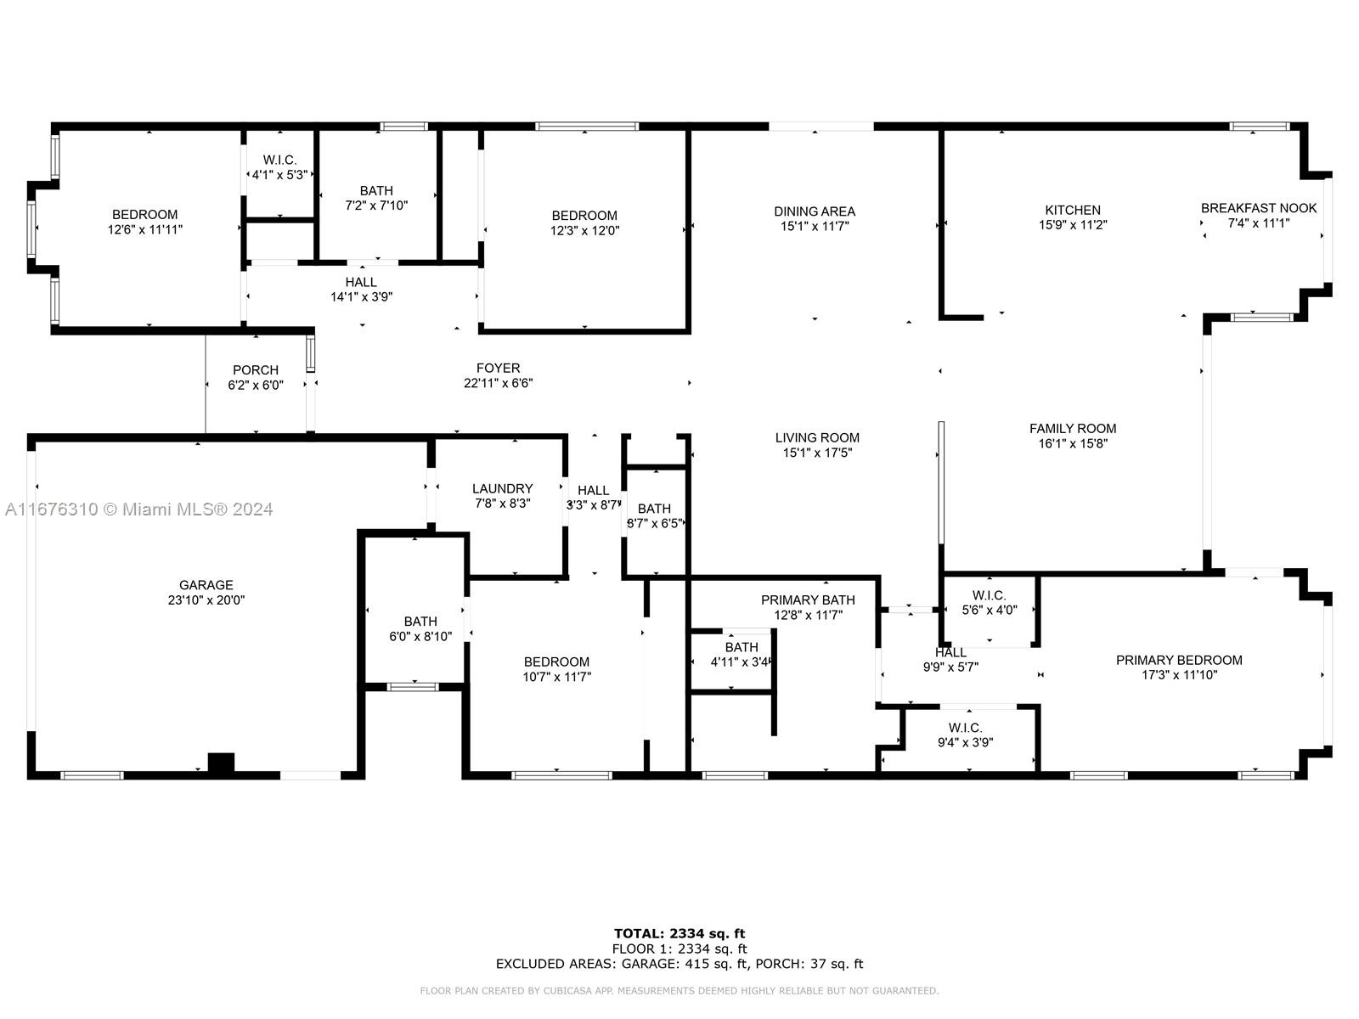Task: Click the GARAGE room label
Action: point(206,585)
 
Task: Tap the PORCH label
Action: point(256,370)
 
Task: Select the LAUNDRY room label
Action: point(502,489)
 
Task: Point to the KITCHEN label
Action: point(1073,211)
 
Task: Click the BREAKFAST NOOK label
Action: point(1259,209)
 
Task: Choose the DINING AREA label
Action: point(815,211)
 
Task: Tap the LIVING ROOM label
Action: point(817,438)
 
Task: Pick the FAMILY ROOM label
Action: point(1073,429)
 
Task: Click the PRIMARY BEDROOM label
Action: point(1179,660)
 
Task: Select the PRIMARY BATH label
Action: point(808,600)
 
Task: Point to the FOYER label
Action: point(499,369)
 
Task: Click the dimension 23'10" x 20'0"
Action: point(206,600)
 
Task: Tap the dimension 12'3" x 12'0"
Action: point(584,231)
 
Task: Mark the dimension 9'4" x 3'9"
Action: point(965,742)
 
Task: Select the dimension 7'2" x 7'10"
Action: point(376,205)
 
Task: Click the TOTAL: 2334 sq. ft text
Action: point(679,933)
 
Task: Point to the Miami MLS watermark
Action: point(138,509)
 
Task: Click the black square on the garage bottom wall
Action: point(221,763)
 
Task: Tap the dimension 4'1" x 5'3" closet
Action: point(279,175)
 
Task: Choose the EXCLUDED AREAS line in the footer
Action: point(679,964)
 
